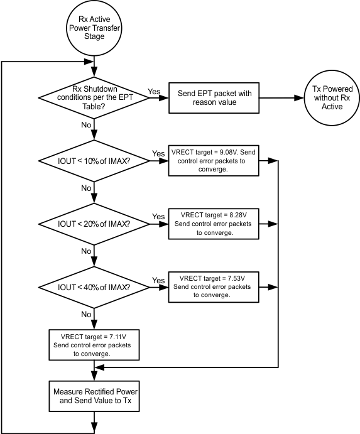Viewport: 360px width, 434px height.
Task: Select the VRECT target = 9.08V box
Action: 213,161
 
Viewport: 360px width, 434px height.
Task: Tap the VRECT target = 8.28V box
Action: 213,224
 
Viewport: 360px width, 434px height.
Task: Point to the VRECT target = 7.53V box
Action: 213,287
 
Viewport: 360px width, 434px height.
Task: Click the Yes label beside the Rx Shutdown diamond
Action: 154,91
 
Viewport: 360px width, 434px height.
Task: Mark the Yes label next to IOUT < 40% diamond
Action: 158,280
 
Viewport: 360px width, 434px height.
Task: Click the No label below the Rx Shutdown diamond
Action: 85,125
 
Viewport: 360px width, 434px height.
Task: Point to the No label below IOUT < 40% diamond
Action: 85,314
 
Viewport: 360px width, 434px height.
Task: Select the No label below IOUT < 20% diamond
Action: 85,251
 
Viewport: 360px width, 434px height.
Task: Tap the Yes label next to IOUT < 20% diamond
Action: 158,217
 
